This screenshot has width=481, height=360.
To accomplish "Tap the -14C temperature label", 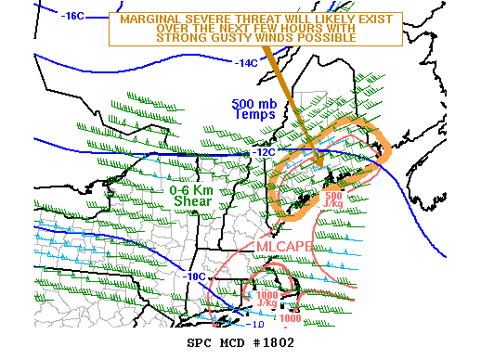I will tap(246, 63).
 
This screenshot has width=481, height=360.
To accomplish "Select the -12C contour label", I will tap(264, 152).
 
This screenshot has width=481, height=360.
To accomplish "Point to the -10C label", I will tap(193, 276).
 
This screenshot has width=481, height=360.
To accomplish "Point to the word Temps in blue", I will tap(255, 115).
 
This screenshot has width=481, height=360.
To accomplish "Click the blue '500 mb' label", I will tap(253, 104).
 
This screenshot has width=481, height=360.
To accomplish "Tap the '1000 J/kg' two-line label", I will tap(266, 298).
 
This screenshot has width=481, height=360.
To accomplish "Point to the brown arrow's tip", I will tap(321, 170).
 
